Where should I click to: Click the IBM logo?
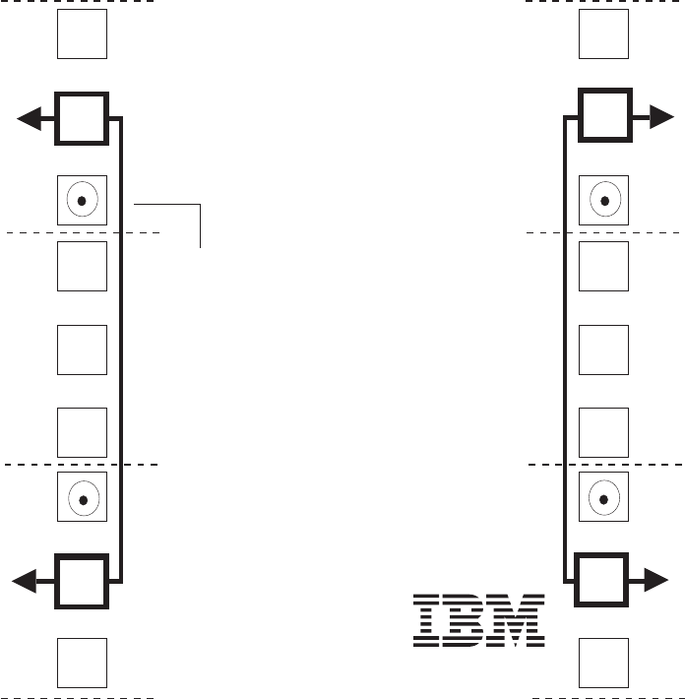(479, 620)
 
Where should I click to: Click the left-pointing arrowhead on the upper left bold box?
(30, 119)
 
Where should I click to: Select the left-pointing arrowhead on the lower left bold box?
(26, 583)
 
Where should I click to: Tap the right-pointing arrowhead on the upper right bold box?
(660, 118)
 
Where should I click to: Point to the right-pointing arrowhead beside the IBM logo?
(656, 582)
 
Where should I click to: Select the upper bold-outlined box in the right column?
(604, 118)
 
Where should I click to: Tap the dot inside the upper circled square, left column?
(83, 201)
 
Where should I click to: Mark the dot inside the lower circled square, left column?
(83, 499)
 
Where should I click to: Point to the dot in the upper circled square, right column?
(604, 201)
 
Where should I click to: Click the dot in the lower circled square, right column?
(604, 499)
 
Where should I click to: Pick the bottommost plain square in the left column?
(82, 663)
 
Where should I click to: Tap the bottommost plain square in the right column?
(604, 663)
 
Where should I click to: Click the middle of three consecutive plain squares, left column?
(82, 349)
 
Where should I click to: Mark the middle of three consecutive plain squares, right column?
(604, 349)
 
